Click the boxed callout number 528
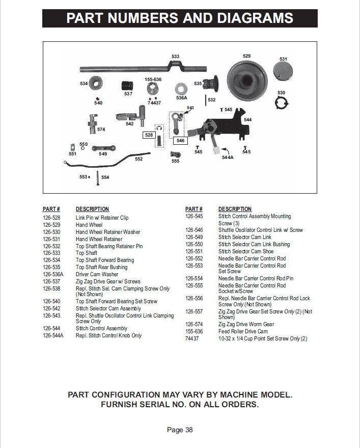pos(149,135)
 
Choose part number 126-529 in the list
pos(51,225)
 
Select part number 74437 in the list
pos(191,338)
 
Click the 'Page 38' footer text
pos(180,430)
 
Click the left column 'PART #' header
pos(51,209)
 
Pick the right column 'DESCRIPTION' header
pos(235,209)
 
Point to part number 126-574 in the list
pos(194,324)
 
